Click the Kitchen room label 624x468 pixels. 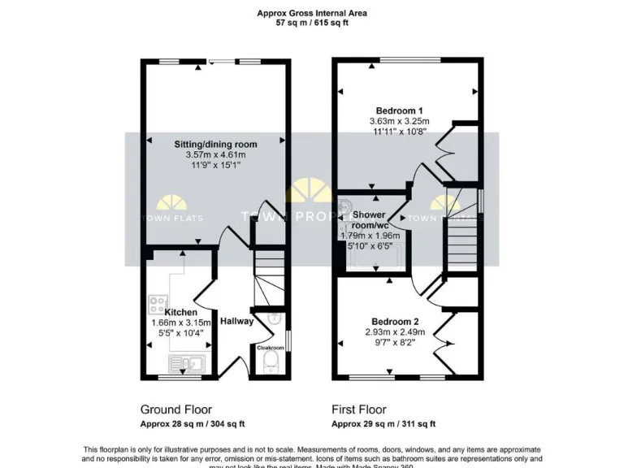tap(180, 312)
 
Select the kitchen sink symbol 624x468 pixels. tap(185, 362)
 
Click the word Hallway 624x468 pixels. tap(236, 321)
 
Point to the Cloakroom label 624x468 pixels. tap(270, 347)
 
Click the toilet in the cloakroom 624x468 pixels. tap(271, 362)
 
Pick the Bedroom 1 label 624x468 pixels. tap(399, 110)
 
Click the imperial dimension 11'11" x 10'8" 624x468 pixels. tap(398, 131)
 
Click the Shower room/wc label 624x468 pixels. tap(371, 220)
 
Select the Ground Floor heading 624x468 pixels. tap(172, 409)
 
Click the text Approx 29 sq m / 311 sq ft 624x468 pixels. tap(383, 424)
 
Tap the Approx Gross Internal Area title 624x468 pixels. tap(311, 13)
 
